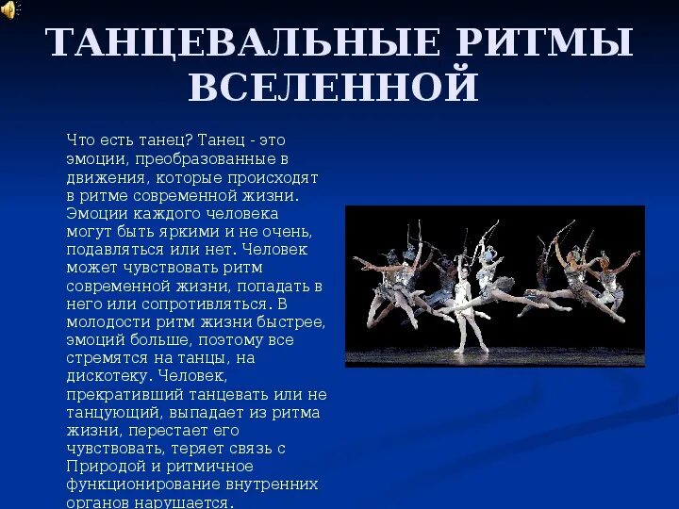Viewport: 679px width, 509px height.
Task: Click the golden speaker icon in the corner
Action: pos(10,9)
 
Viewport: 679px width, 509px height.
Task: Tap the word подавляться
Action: pos(110,250)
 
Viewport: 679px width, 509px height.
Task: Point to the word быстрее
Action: pos(292,322)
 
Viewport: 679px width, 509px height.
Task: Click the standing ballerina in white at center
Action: pos(462,306)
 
